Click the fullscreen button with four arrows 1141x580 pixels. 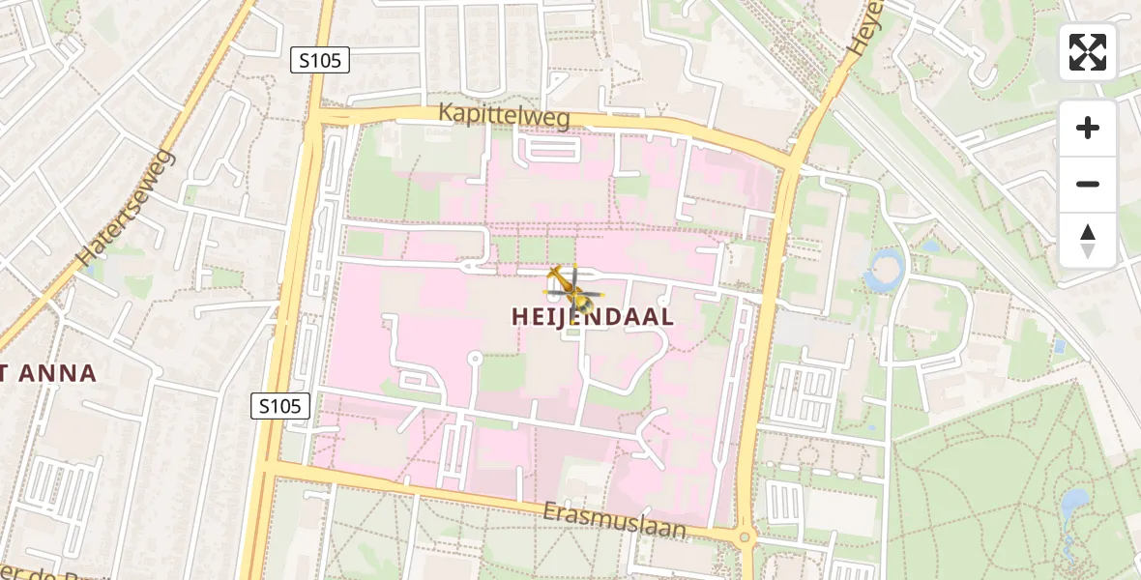coord(1088,52)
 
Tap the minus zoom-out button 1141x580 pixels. coord(1088,185)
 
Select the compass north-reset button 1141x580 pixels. coord(1088,240)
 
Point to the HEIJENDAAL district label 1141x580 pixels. coord(593,317)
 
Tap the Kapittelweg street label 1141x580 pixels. coord(504,114)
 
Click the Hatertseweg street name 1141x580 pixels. coord(127,208)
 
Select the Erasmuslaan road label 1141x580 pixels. coord(615,519)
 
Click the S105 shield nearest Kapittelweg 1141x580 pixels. coord(319,61)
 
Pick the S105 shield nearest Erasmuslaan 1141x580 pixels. coord(281,406)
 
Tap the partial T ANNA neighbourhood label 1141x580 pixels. coord(48,373)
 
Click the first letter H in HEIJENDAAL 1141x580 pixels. coord(519,317)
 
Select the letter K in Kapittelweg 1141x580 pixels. coord(445,111)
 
